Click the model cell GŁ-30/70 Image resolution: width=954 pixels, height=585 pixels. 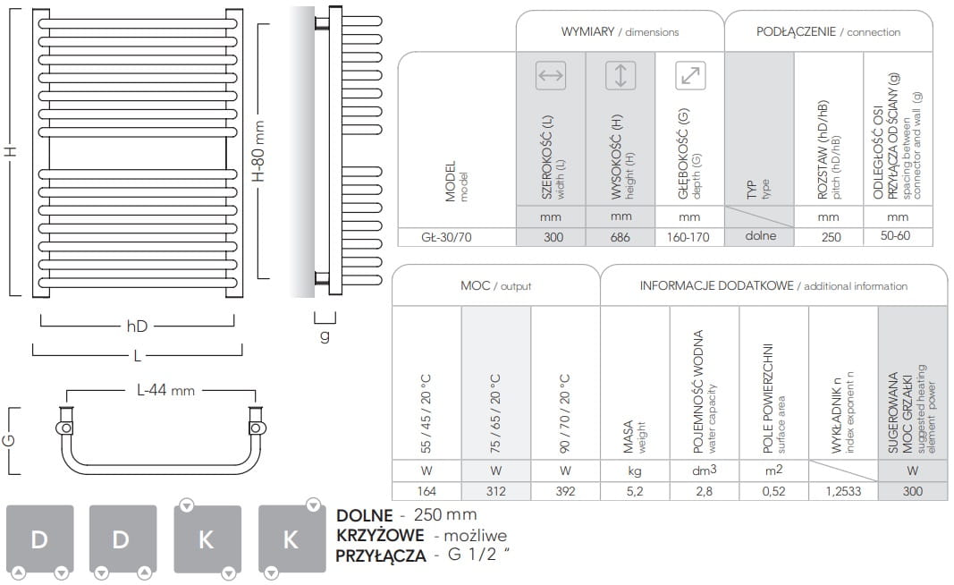pyautogui.click(x=446, y=237)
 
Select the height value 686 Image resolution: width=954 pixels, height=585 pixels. pyautogui.click(x=620, y=237)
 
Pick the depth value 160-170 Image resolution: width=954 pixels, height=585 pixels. pyautogui.click(x=688, y=237)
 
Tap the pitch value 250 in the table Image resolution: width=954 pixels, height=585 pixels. pyautogui.click(x=831, y=237)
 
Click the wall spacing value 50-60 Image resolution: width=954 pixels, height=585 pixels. pyautogui.click(x=896, y=235)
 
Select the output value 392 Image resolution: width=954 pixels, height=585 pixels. pyautogui.click(x=565, y=491)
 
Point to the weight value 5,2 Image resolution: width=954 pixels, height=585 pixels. pyautogui.click(x=635, y=491)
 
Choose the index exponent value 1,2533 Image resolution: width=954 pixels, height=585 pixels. pyautogui.click(x=843, y=491)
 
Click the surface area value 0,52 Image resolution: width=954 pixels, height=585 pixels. pyautogui.click(x=773, y=491)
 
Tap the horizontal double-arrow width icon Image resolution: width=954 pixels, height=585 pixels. pyautogui.click(x=551, y=75)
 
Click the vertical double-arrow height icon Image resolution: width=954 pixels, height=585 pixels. pyautogui.click(x=621, y=75)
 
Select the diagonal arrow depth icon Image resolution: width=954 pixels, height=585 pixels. pyautogui.click(x=690, y=75)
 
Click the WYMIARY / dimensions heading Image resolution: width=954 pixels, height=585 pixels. pyautogui.click(x=620, y=31)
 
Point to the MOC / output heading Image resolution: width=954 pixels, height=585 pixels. pyautogui.click(x=496, y=285)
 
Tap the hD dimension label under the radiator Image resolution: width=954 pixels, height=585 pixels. pyautogui.click(x=137, y=326)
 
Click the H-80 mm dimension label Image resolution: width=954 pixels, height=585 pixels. pyautogui.click(x=258, y=151)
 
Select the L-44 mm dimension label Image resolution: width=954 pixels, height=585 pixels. pyautogui.click(x=165, y=390)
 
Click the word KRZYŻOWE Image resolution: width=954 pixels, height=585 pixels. pyautogui.click(x=380, y=536)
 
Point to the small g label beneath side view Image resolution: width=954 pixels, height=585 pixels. pyautogui.click(x=325, y=335)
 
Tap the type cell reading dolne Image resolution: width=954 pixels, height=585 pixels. pyautogui.click(x=761, y=235)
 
